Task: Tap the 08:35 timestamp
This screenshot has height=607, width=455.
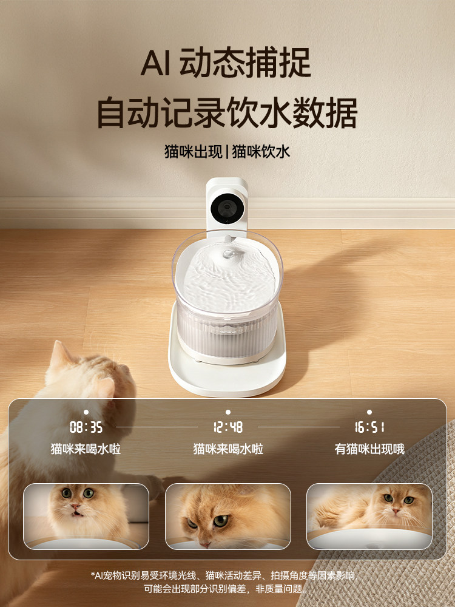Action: point(86,427)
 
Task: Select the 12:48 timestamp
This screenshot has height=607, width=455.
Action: point(228,427)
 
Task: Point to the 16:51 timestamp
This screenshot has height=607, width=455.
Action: point(369,427)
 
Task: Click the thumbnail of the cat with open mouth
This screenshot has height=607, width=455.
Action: point(86,516)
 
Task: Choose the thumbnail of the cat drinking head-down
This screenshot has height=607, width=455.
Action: point(227,516)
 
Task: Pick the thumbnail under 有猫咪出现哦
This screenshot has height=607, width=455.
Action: point(369,516)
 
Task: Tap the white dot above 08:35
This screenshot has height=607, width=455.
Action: point(86,412)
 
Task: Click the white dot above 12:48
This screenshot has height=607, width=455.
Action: point(228,412)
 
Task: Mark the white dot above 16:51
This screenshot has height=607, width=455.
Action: point(369,412)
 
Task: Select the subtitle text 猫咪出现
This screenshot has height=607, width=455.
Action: point(193,151)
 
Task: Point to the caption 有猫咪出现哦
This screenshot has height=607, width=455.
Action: point(369,449)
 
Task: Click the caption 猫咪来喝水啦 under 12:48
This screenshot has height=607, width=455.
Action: point(228,449)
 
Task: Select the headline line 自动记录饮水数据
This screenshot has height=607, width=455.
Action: point(227,112)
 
